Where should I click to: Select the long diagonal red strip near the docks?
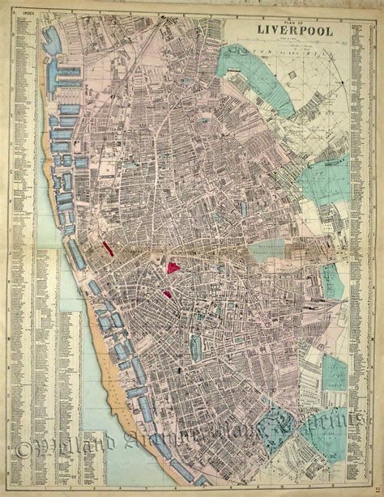(x=108, y=252)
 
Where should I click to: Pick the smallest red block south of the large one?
(x=167, y=294)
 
